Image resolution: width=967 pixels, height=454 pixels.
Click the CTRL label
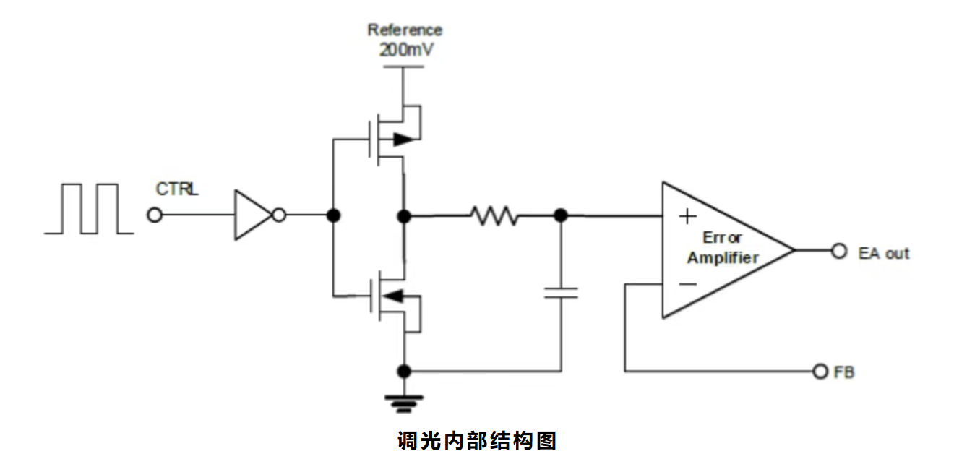point(177,189)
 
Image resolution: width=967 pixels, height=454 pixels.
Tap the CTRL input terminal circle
point(155,215)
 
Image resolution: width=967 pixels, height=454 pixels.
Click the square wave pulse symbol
point(89,209)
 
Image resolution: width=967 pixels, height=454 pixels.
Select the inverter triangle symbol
point(252,215)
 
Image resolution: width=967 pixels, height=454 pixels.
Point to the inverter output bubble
point(279,215)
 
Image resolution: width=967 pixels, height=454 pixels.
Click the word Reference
point(405,30)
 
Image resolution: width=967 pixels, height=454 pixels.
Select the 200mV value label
point(405,51)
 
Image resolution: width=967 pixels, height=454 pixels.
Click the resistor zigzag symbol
point(494,215)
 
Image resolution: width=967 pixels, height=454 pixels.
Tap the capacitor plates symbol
point(561,292)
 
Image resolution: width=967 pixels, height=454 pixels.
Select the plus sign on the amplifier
point(688,215)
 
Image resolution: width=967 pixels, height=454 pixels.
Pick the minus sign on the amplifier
point(688,284)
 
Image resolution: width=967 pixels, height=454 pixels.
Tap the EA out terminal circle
point(838,251)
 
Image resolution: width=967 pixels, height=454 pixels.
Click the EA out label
point(883,254)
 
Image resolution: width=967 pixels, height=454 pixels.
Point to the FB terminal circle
point(820,371)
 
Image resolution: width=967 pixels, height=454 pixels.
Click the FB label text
point(844,373)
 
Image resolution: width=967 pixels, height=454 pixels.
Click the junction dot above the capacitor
point(560,215)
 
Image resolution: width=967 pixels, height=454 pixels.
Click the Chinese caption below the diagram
point(477,440)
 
